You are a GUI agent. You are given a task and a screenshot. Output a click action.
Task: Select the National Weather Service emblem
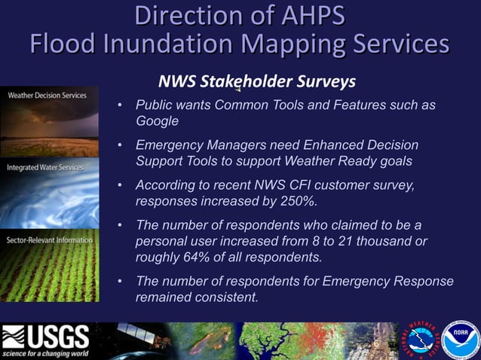click(x=424, y=337)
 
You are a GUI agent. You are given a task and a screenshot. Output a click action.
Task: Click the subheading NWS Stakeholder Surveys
click(x=256, y=81)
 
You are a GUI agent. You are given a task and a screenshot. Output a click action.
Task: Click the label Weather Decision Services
click(x=47, y=96)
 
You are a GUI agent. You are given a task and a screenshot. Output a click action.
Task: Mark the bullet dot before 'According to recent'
click(x=121, y=185)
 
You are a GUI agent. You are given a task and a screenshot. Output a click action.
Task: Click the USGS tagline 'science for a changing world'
click(x=45, y=352)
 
